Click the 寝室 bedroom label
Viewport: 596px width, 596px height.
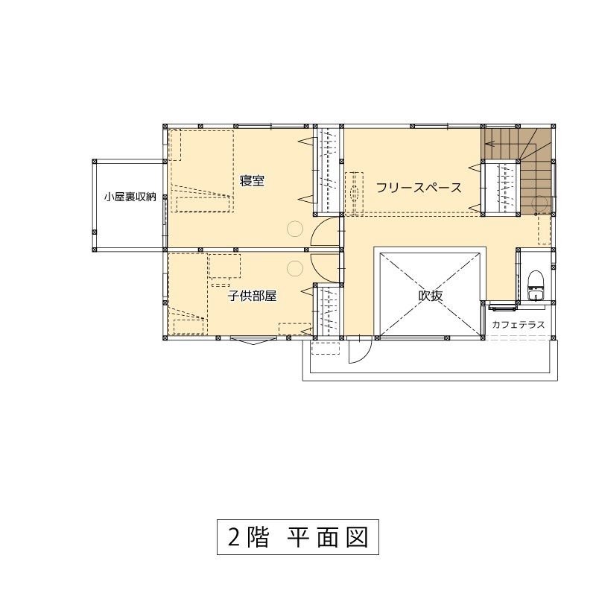click(253, 181)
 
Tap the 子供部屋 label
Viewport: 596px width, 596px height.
click(252, 296)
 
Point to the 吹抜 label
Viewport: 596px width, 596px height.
click(430, 296)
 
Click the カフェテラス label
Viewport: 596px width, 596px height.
click(519, 325)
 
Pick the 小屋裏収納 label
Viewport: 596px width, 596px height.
click(130, 197)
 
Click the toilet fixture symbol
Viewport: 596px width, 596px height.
click(534, 286)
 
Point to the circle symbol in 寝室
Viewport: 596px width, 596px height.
click(294, 229)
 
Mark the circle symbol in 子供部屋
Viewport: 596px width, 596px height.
click(294, 267)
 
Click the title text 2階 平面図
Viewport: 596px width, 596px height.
click(297, 537)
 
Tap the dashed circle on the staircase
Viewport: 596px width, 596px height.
click(542, 203)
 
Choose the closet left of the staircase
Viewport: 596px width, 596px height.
click(501, 187)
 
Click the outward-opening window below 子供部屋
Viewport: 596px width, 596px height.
click(250, 340)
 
